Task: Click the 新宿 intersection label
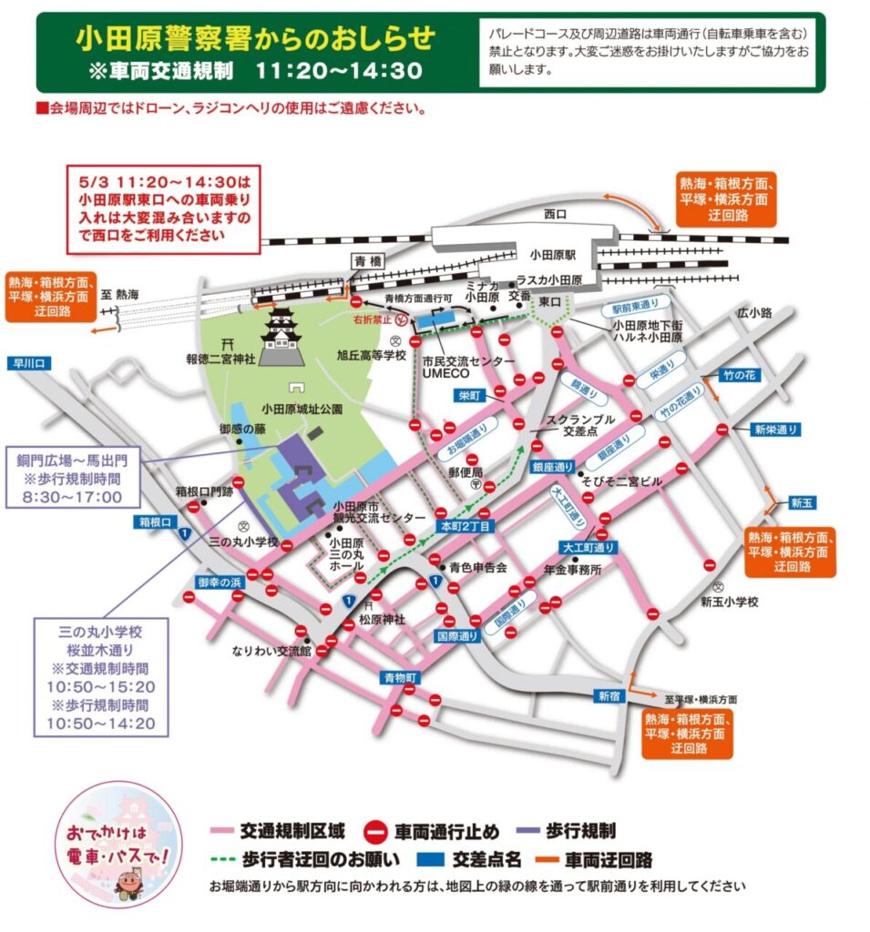(x=609, y=696)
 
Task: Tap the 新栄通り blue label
(x=775, y=429)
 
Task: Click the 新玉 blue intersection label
(x=801, y=501)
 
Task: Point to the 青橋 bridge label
(x=371, y=260)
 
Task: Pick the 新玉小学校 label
(x=729, y=602)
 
